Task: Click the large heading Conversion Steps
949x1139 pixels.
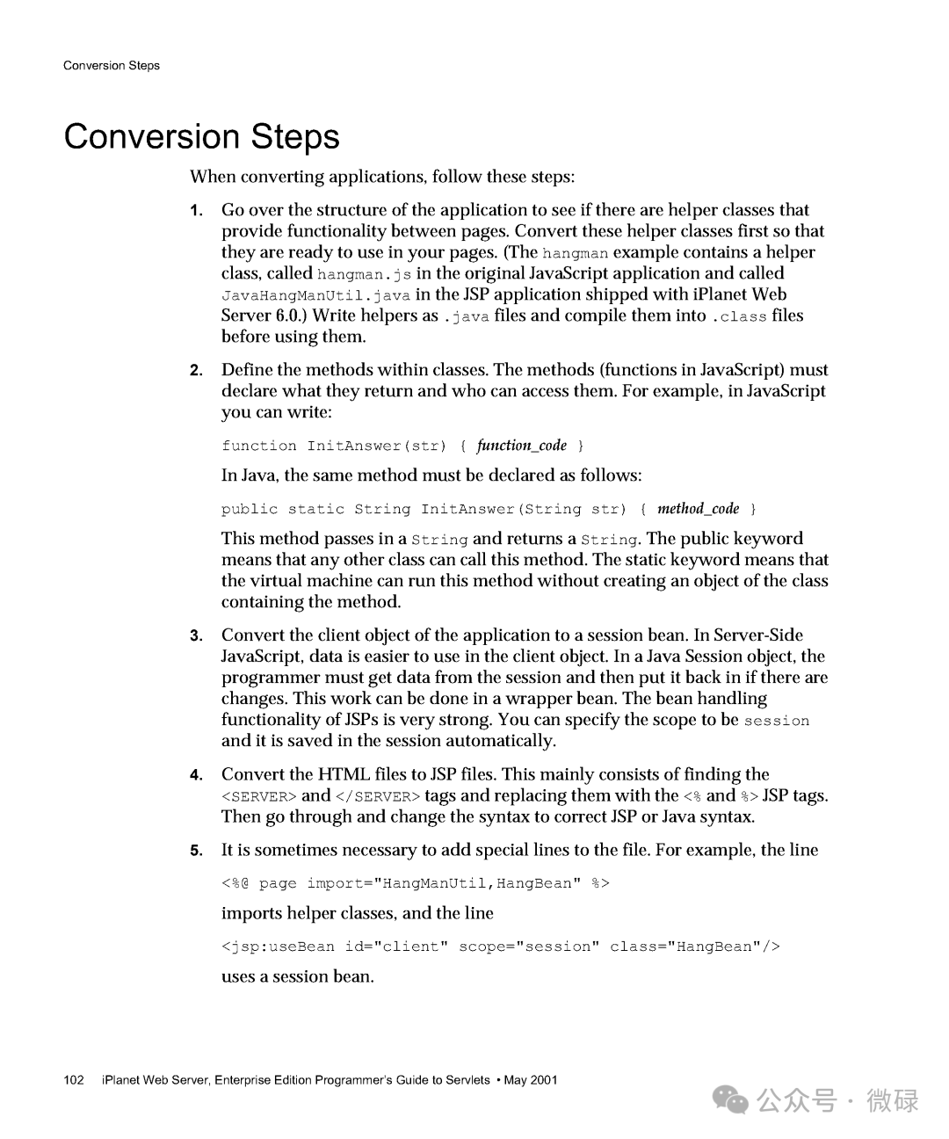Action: coord(201,137)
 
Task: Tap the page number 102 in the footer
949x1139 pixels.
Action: coord(74,1080)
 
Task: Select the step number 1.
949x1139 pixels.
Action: coord(197,211)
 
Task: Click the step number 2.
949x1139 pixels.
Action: coord(197,371)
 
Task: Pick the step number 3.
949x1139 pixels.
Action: coord(197,636)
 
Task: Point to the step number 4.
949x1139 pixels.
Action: coord(197,775)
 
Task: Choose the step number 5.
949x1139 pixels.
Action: coord(197,851)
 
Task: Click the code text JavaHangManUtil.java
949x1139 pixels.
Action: coord(315,296)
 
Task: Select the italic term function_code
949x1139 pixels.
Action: coord(521,446)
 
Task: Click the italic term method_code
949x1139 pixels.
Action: coord(698,509)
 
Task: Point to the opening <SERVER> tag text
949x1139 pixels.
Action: coord(258,797)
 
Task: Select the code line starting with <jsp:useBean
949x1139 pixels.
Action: coord(500,947)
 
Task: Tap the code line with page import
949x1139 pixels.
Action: coord(415,883)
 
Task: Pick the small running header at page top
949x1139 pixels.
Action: coord(112,66)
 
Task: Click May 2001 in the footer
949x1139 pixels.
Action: coord(532,1080)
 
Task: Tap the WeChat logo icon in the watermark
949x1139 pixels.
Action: coord(730,1099)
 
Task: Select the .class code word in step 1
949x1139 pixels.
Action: coord(739,317)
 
